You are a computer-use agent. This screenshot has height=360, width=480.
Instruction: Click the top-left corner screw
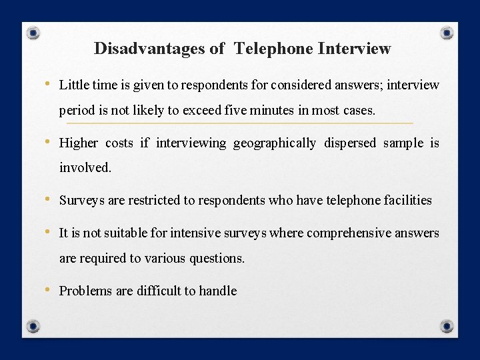tap(34, 33)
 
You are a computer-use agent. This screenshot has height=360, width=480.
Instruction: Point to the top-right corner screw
tap(447, 32)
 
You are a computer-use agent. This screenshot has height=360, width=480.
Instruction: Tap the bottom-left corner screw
tap(33, 326)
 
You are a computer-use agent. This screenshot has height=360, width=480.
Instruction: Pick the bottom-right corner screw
tap(447, 326)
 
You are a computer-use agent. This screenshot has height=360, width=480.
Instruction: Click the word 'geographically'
tap(275, 143)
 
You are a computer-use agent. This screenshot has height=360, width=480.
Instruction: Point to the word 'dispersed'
tap(349, 143)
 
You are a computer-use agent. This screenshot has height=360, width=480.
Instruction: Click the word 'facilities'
tap(407, 200)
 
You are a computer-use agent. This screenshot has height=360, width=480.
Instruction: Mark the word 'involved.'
tap(85, 168)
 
